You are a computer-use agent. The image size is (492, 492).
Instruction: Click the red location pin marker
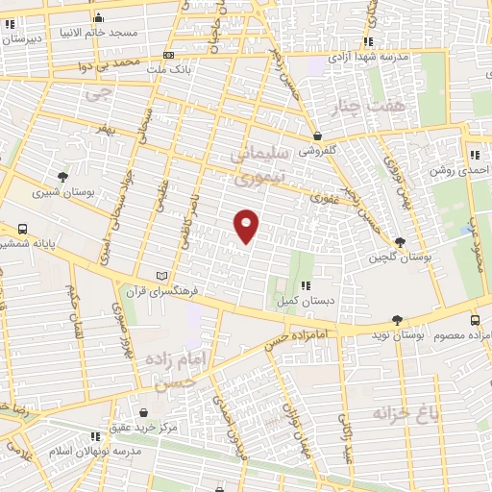coord(247,224)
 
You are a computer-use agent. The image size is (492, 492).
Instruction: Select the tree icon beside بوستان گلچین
coord(400,242)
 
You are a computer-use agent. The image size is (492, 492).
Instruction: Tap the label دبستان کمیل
coord(304,302)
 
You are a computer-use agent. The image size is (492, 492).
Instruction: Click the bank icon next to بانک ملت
coord(168,56)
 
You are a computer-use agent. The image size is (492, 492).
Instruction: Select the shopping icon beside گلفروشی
coord(317,136)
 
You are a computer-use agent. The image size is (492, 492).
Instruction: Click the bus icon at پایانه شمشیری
coord(20,231)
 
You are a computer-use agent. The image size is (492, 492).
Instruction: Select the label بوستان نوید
coord(397,336)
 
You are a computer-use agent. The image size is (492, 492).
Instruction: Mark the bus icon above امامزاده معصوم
coord(476,320)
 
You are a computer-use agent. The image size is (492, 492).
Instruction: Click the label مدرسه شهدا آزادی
coord(369,57)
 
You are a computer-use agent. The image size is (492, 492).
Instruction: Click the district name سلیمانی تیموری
coord(256,164)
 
